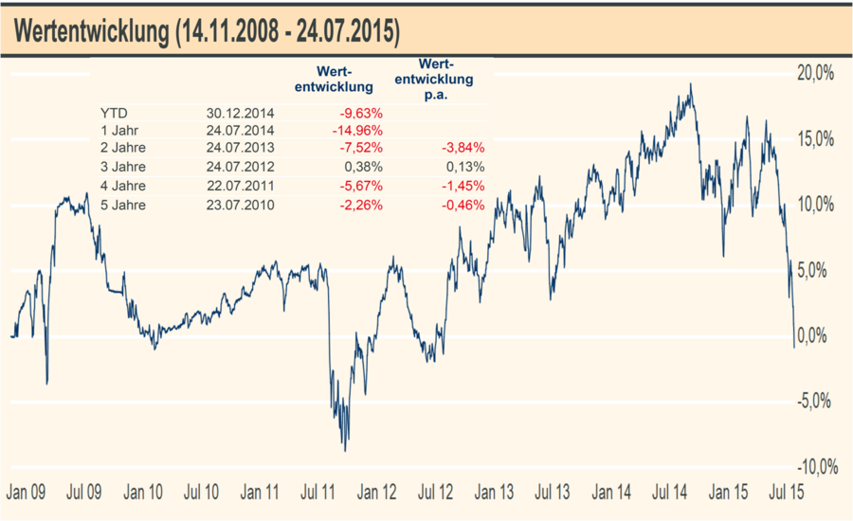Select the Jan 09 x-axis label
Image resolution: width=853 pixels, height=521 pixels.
(x=26, y=493)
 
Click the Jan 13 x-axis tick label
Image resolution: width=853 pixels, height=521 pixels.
(x=495, y=493)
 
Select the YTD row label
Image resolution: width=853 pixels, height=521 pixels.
(x=113, y=113)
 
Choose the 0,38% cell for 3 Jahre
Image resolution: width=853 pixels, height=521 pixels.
(x=365, y=168)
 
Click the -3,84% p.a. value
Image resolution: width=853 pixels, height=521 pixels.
(x=463, y=149)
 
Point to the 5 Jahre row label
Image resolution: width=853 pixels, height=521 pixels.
(x=123, y=205)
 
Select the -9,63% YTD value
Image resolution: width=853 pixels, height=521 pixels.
(x=361, y=113)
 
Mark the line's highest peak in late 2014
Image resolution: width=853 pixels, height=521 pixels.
(x=691, y=84)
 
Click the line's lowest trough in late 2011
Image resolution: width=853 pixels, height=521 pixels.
(x=345, y=450)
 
